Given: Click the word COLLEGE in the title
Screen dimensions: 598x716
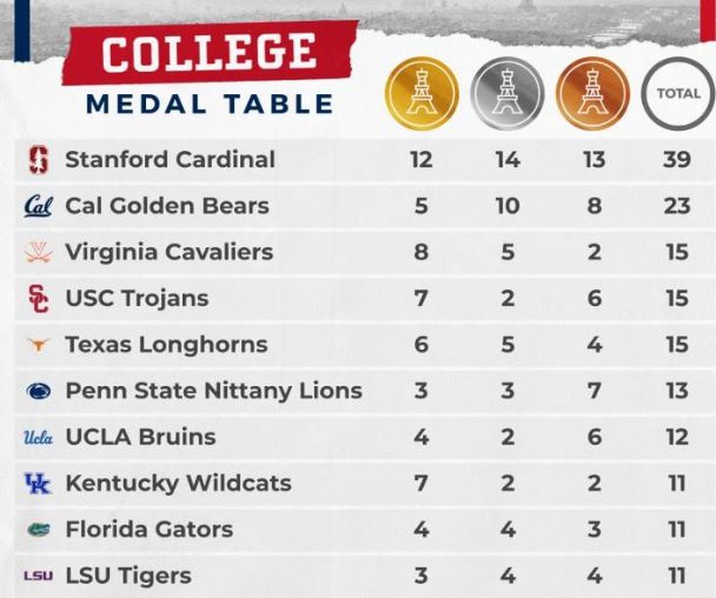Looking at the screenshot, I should point(209,53).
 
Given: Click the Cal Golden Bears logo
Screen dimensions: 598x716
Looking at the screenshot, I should point(37,206).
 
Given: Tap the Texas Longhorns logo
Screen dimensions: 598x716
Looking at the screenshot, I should point(37,345).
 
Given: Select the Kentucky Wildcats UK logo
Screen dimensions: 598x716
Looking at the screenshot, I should point(37,483).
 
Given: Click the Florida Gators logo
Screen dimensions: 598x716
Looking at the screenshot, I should point(37,529).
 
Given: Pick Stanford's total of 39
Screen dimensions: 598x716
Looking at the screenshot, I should point(677,160).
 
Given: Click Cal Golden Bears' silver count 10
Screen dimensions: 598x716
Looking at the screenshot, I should point(507,206).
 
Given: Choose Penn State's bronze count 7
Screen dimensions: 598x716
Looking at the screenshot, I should point(593,391).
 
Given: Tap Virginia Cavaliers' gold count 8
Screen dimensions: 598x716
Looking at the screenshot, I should point(421,252).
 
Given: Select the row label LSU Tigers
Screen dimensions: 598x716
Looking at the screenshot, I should point(128,575).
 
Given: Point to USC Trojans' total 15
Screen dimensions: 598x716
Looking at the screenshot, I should point(677,298).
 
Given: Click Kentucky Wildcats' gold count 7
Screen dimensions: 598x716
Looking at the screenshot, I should point(421,483).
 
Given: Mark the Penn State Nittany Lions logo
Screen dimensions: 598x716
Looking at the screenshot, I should point(37,391).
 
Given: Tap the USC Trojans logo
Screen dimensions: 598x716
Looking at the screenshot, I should point(37,298).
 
